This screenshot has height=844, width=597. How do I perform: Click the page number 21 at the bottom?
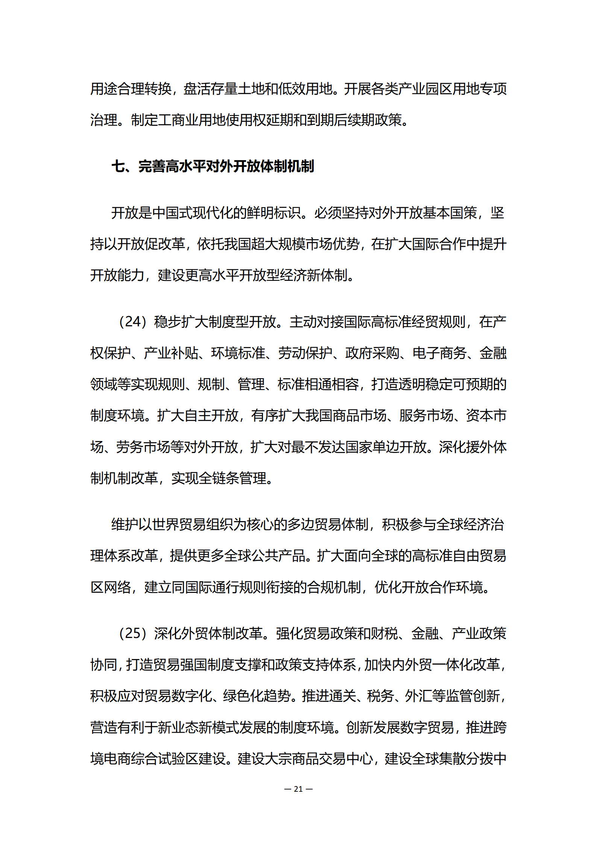[x=298, y=789]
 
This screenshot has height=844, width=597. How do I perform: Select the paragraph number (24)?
[x=132, y=322]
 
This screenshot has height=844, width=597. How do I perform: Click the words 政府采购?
[x=372, y=353]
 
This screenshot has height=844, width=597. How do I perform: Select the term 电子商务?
[x=439, y=353]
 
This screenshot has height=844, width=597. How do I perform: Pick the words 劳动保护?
[x=305, y=353]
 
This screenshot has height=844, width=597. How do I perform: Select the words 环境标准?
[x=238, y=353]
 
